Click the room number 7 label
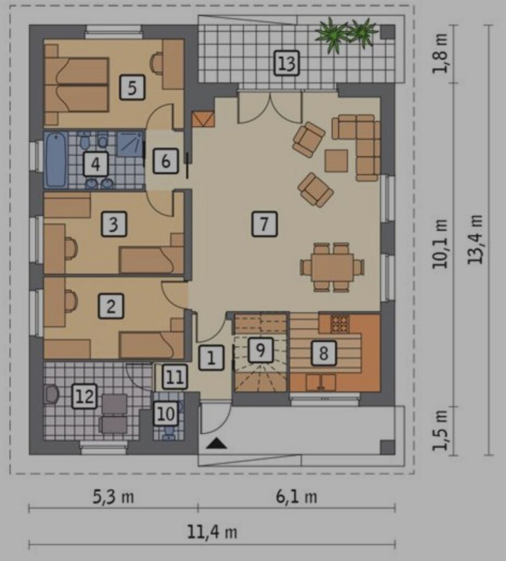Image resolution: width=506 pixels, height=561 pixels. (264, 224)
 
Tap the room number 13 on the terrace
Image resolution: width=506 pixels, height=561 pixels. (286, 64)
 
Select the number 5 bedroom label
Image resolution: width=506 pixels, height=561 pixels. (132, 87)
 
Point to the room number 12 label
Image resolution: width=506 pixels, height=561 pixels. (85, 396)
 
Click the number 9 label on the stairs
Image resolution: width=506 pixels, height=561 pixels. (260, 350)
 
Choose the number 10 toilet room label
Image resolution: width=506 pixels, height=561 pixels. (166, 414)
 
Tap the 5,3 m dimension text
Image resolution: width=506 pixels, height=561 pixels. (113, 497)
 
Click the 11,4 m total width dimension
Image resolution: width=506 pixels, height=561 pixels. (212, 532)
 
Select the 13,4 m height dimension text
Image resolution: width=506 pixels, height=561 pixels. (475, 239)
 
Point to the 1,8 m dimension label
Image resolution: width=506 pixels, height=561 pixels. (440, 54)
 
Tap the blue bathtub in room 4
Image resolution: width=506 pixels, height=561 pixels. (56, 160)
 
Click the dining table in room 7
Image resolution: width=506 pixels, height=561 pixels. (332, 267)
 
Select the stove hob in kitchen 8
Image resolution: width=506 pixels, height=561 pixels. (340, 324)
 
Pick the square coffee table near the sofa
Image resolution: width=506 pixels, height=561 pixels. (336, 161)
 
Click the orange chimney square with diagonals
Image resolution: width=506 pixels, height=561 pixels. (203, 119)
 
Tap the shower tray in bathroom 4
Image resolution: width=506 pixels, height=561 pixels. (130, 144)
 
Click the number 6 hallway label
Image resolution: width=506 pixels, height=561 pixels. (165, 161)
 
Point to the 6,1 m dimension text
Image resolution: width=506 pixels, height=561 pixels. (296, 497)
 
